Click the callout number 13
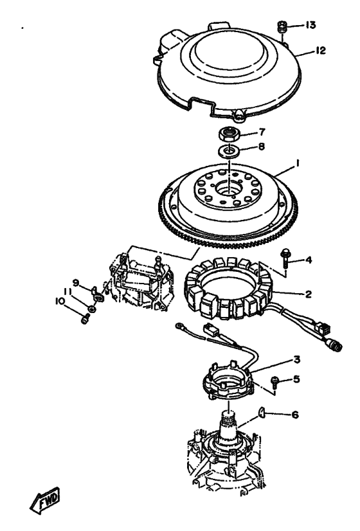[x=310, y=25]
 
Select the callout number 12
[x=320, y=50]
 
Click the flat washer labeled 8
[x=230, y=150]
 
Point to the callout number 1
[x=297, y=163]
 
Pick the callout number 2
[x=307, y=294]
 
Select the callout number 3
[x=296, y=359]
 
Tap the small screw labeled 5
[x=274, y=381]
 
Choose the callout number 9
[x=76, y=282]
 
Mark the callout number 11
[x=67, y=292]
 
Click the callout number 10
[x=60, y=301]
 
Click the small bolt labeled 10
[x=85, y=319]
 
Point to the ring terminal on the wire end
[x=179, y=326]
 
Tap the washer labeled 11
[x=91, y=308]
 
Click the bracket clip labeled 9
[x=98, y=294]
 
